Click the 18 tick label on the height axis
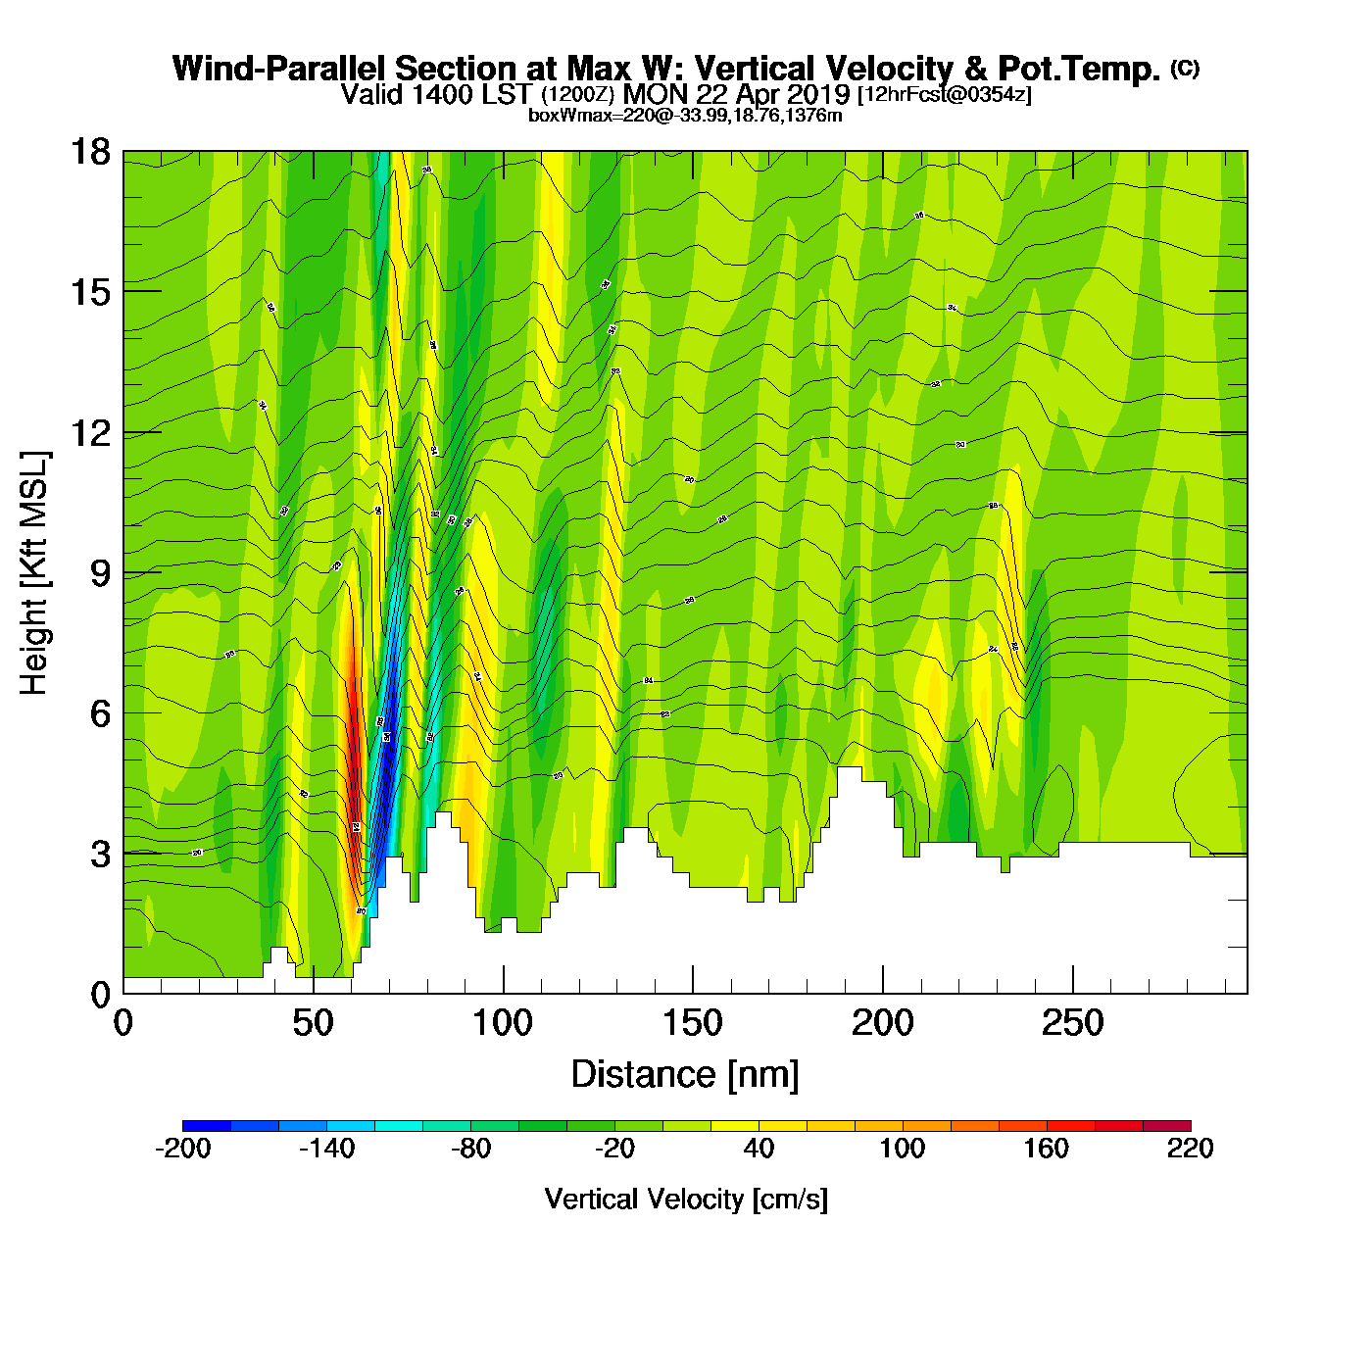pos(90,152)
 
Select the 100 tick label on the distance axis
pos(503,1024)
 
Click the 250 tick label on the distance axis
pos(1072,1024)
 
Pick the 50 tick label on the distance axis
pos(313,1024)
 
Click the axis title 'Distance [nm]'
pos(685,1075)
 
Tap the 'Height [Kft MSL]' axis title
pos(34,573)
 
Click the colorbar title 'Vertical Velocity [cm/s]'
pos(686,1199)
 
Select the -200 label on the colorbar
pos(183,1149)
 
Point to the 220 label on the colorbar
pos(1190,1149)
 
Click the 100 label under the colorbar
pos(902,1149)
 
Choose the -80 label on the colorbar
pos(470,1149)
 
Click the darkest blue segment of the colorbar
pos(206,1126)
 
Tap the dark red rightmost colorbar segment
pos(1167,1126)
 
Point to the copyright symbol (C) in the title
pos(1185,68)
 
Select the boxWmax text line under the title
pos(685,116)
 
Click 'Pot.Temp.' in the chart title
pos(1078,69)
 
